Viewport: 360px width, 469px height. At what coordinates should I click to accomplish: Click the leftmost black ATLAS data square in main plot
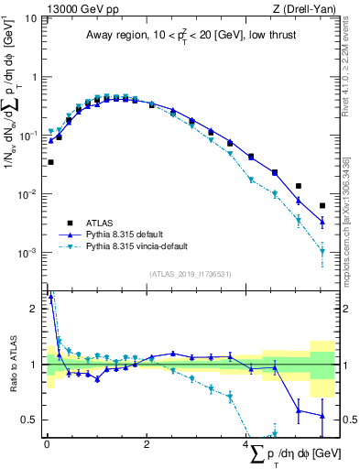coord(50,162)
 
